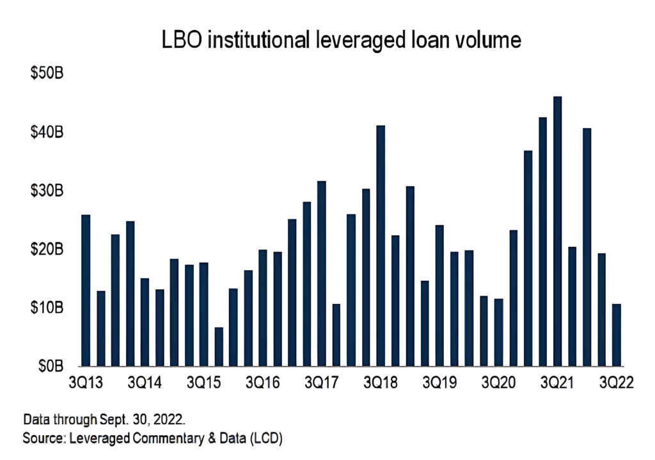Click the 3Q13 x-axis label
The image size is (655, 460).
(86, 383)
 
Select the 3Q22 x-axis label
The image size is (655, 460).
(617, 383)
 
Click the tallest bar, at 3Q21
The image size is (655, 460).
(558, 231)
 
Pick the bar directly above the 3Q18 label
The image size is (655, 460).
(381, 246)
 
